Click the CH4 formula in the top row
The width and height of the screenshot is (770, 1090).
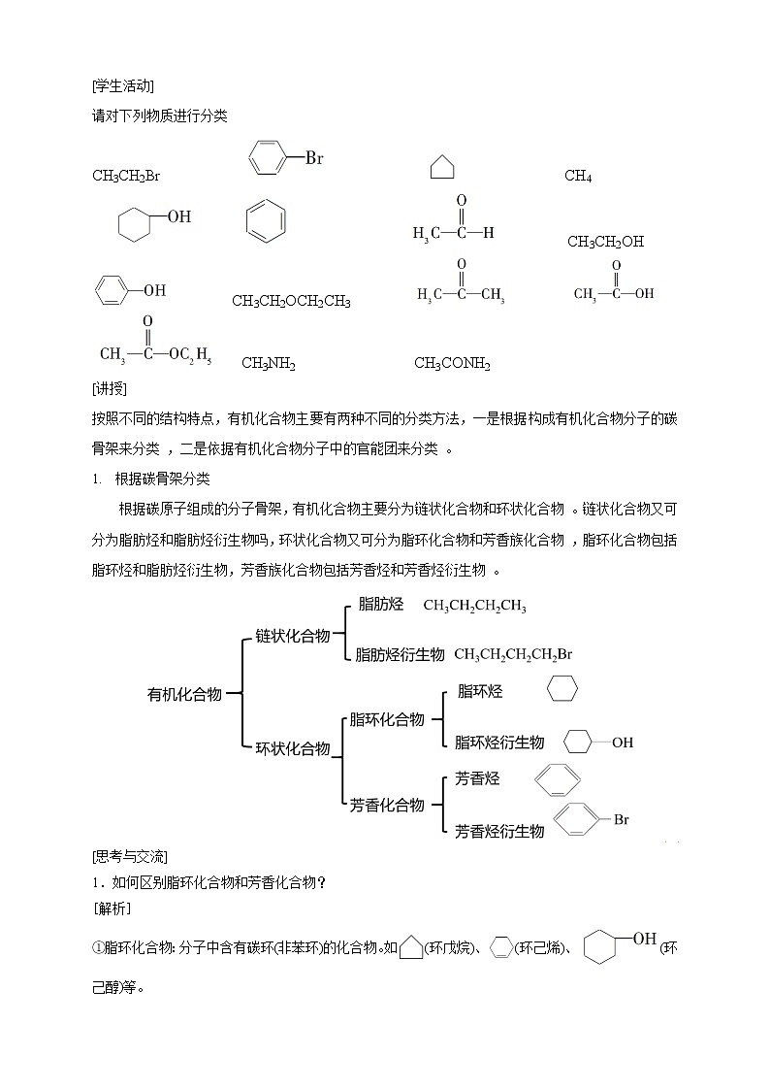click(578, 177)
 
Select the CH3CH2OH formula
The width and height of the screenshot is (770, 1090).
click(605, 242)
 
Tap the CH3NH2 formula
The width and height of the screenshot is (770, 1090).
click(269, 364)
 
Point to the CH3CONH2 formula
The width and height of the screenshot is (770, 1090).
click(452, 364)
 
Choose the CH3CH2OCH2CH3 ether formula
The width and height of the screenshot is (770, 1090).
click(291, 302)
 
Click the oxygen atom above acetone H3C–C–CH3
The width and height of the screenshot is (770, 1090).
click(462, 264)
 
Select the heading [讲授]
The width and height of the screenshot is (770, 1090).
click(110, 388)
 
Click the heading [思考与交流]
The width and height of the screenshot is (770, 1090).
click(130, 856)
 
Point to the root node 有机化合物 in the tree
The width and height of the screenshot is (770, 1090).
click(184, 694)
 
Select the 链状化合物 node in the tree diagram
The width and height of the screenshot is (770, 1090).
click(292, 635)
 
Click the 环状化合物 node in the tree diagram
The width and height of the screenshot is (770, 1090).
click(292, 748)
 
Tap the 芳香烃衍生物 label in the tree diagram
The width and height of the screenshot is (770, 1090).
click(499, 831)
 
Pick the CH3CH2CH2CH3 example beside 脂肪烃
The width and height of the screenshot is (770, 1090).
click(474, 606)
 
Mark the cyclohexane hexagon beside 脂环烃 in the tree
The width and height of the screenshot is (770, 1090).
click(561, 688)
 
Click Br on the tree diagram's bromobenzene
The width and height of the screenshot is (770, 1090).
click(621, 820)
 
